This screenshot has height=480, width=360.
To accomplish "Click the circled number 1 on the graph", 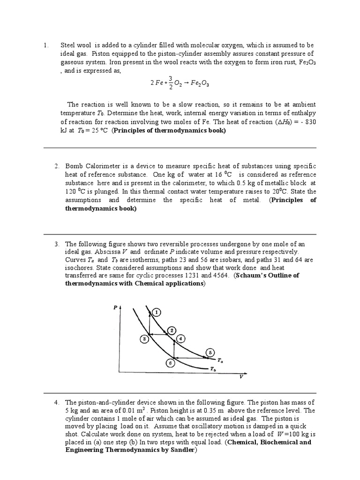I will [x=156, y=312].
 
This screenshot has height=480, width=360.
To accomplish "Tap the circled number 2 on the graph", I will [x=172, y=331].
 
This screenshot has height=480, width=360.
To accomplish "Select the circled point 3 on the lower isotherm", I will [x=145, y=338].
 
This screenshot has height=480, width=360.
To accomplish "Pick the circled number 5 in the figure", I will [x=210, y=352].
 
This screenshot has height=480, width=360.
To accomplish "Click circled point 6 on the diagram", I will [x=170, y=362].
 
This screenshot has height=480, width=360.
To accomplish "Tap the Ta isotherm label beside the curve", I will [x=220, y=361].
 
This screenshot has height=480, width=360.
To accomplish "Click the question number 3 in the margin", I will [x=56, y=244].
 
